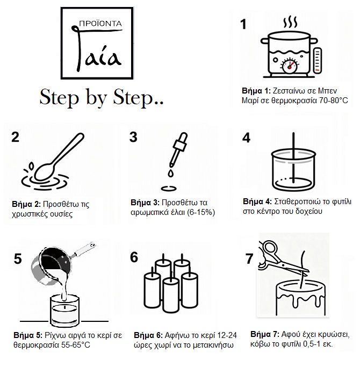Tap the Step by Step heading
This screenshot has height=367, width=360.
pos(102,98)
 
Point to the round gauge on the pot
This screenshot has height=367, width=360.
pos(291,65)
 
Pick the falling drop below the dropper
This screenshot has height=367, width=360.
pos(169,174)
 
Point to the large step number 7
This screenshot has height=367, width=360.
pos(249,259)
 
